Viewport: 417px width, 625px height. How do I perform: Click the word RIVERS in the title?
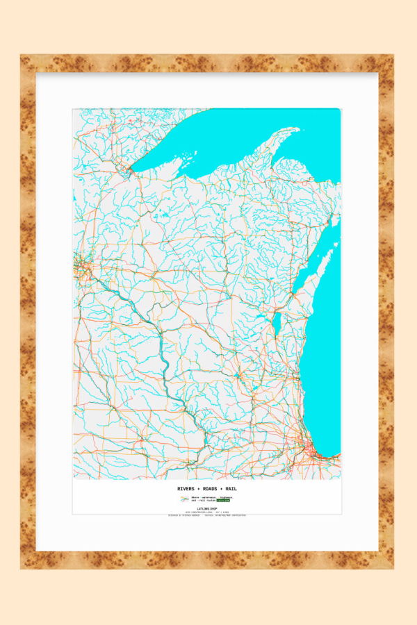(x=186, y=489)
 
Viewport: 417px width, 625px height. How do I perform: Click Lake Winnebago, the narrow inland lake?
(x=276, y=324)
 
